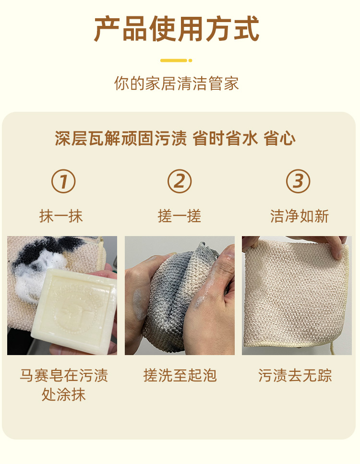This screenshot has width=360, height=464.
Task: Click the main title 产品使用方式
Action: click(x=177, y=29)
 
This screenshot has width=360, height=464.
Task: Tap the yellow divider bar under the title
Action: click(x=176, y=60)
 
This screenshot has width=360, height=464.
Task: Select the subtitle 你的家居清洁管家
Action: click(x=177, y=83)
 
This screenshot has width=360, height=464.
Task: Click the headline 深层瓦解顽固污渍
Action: click(x=121, y=138)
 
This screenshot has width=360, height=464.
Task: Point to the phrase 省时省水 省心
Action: click(x=244, y=138)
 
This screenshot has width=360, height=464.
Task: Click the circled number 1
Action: click(x=63, y=181)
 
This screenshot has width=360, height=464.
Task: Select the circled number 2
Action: click(x=180, y=181)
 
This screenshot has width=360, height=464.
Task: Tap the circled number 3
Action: click(x=298, y=181)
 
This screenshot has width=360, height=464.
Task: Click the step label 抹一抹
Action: click(x=61, y=216)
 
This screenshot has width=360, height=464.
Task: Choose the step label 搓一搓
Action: click(x=180, y=216)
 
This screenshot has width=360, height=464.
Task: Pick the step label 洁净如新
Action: click(x=300, y=216)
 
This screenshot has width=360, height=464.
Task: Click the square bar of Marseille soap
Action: click(x=74, y=311)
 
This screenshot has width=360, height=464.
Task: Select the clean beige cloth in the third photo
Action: click(x=296, y=293)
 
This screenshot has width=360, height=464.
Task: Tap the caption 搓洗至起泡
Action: click(x=180, y=375)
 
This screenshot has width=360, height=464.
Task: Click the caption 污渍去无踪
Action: click(x=295, y=375)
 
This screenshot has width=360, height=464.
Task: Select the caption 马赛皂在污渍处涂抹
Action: click(x=64, y=385)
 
